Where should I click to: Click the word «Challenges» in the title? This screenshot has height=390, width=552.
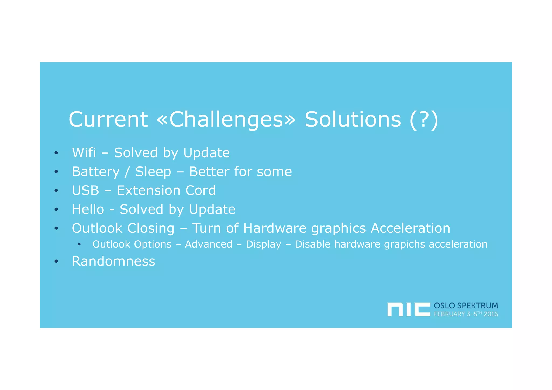pos(226,119)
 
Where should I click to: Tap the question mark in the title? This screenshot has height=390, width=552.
pos(424,119)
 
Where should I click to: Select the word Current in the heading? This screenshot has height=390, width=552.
pos(108,119)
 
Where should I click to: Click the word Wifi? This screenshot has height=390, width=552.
pos(84,153)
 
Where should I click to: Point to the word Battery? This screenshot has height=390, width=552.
pos(95,172)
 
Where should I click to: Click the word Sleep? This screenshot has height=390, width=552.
pos(153,172)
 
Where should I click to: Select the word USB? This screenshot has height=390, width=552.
pos(85,190)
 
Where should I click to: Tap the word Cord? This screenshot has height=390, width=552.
pos(201,190)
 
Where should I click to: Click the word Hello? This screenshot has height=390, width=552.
pos(88,209)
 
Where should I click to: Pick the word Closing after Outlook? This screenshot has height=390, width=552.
pos(151,228)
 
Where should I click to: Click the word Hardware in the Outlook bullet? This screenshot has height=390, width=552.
pos(275,228)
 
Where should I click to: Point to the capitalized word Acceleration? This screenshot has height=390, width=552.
pos(410,228)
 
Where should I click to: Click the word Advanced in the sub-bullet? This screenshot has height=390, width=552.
pos(208,244)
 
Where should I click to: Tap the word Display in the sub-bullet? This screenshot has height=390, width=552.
pos(263,245)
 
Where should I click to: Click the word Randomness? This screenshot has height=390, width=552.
pos(113,261)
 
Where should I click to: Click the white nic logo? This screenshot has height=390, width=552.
pos(408,309)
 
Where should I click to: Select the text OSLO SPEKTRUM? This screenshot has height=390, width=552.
pos(465,306)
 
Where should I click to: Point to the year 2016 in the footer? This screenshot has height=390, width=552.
pos(491,314)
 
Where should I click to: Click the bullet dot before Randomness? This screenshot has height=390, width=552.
pos(56,261)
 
